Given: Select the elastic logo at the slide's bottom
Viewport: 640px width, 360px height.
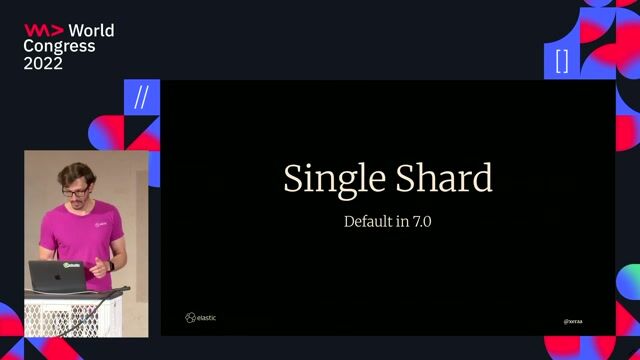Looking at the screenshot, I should coord(200,318).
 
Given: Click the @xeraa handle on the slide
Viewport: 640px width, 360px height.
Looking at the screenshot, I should coord(573,322).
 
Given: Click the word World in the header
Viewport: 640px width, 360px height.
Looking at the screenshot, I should coord(91,30).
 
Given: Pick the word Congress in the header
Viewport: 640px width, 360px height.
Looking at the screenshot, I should coord(59,46).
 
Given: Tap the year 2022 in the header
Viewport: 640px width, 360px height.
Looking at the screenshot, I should coord(43,63).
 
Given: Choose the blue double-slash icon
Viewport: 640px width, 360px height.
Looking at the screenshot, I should coord(141,97).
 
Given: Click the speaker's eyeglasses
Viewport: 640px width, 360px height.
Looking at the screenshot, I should coord(75,190).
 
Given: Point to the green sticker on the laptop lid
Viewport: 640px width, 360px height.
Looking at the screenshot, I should coord(72,267).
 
